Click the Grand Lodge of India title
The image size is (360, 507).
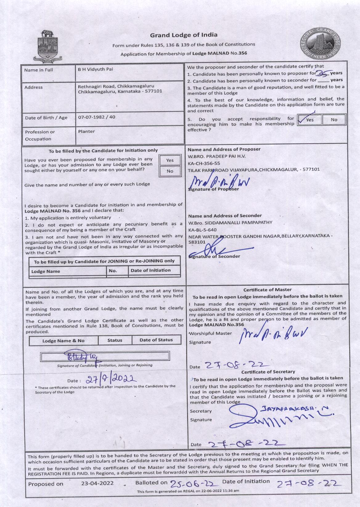[x=184, y=35]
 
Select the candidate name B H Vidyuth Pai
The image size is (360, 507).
[x=96, y=69]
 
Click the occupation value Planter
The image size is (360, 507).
[x=86, y=131]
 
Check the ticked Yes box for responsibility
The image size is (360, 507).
[x=309, y=120]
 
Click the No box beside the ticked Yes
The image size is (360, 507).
[x=334, y=120]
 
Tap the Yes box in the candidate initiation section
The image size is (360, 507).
[x=170, y=160]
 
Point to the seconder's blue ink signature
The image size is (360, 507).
[x=213, y=249]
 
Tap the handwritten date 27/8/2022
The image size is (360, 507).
[x=110, y=379]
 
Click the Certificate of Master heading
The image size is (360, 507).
[x=267, y=290]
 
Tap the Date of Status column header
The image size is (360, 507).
[x=156, y=340]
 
